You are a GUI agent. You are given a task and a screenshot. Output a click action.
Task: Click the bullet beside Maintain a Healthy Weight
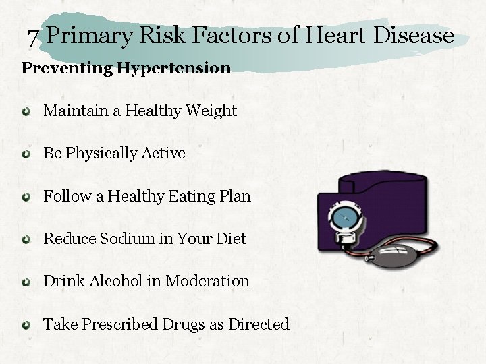26,111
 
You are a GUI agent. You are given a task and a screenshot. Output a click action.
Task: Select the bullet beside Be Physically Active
26,154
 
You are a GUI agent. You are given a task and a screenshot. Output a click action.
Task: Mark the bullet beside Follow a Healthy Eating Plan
26,198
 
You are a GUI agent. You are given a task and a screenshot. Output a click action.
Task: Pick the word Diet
231,239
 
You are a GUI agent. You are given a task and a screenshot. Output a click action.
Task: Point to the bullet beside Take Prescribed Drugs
26,325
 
